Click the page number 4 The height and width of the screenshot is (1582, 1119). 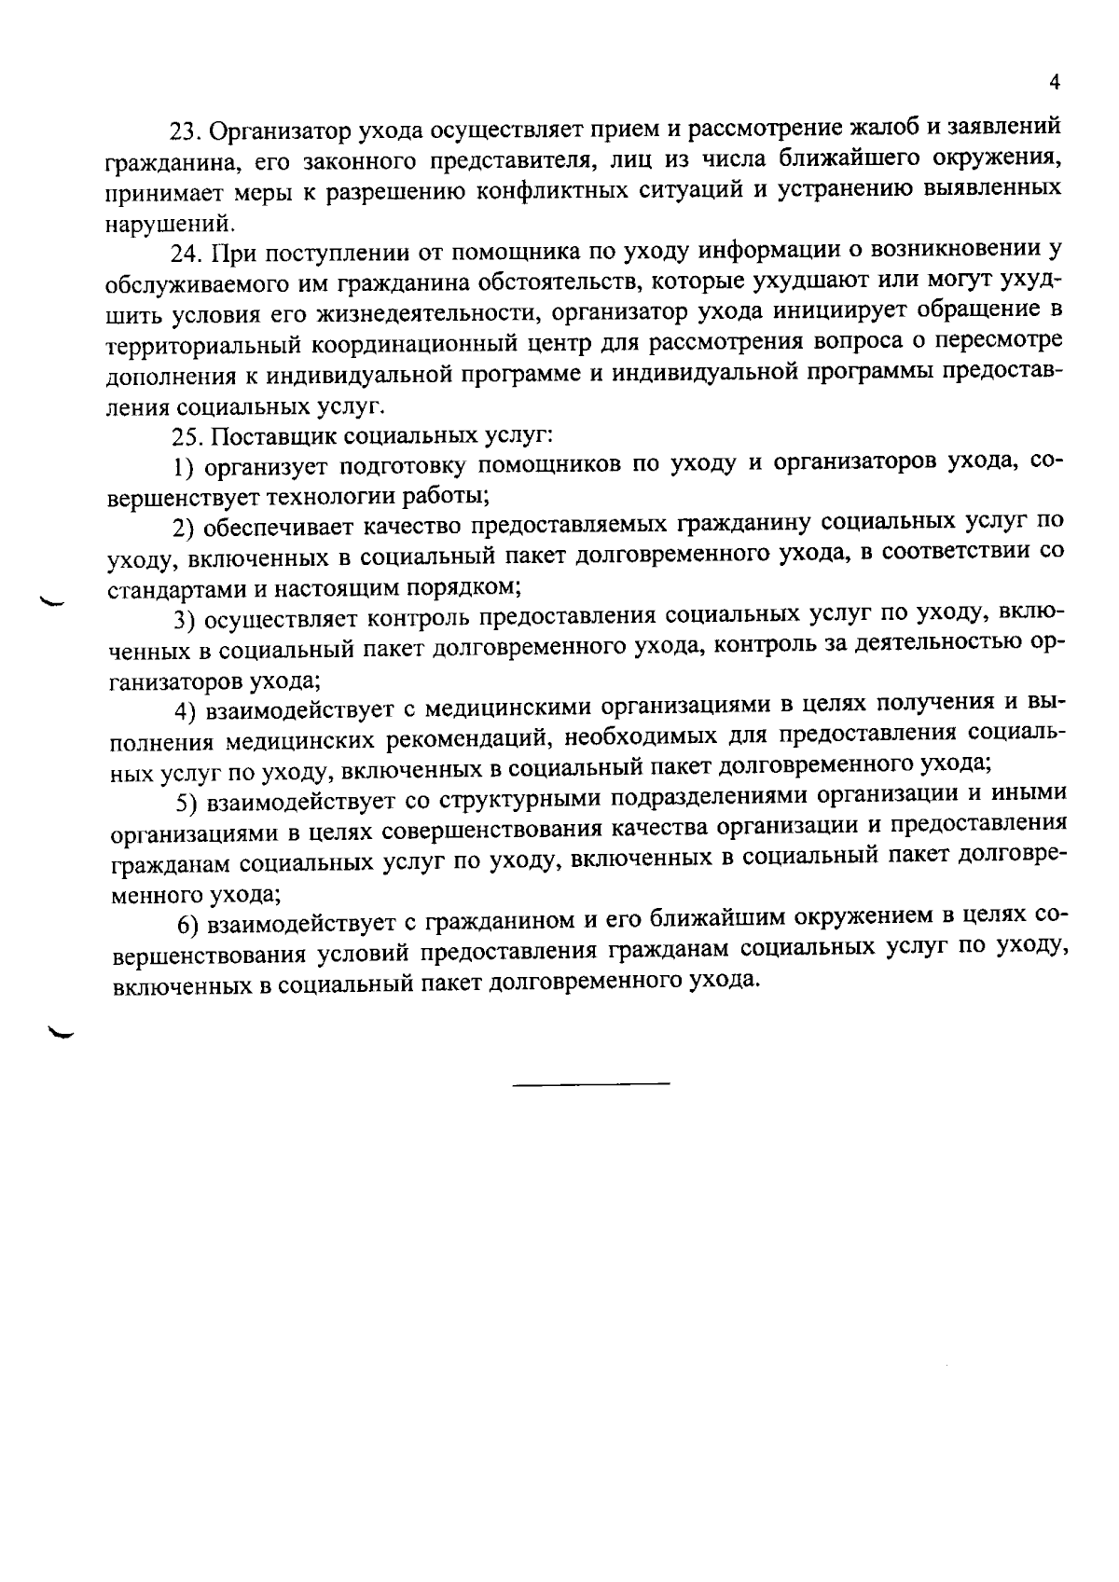pos(1054,83)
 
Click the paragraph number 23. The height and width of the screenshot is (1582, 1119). pos(181,129)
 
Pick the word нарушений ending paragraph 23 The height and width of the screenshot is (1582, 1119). pos(168,224)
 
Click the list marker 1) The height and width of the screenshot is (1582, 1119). pos(184,465)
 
